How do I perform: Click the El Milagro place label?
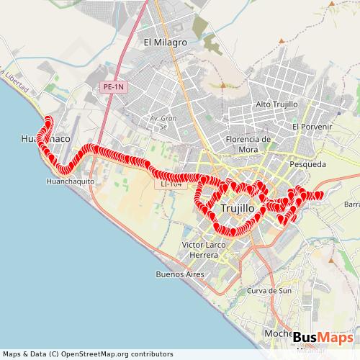[x=166, y=42]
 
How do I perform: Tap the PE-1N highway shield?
[x=113, y=87]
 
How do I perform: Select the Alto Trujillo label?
[x=276, y=104]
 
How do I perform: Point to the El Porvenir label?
[x=311, y=127]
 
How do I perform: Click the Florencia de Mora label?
[x=248, y=143]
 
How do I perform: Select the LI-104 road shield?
[x=171, y=185]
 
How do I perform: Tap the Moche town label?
[x=277, y=333]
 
